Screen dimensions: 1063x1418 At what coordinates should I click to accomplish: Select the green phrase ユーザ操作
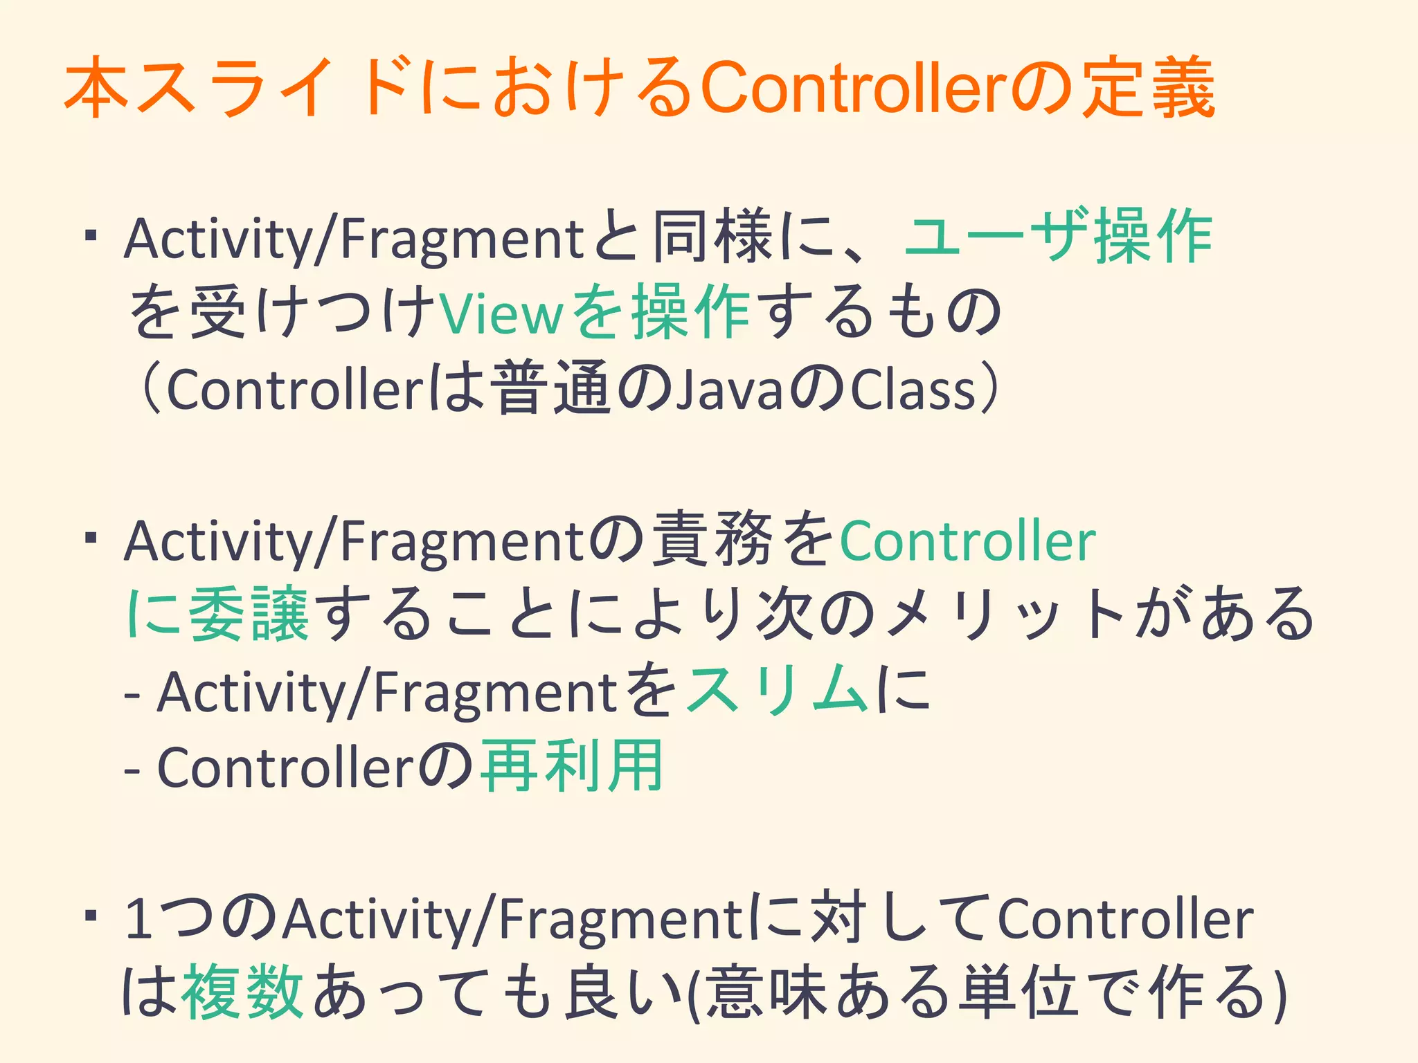click(1058, 237)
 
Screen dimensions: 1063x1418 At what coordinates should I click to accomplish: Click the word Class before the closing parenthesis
click(913, 390)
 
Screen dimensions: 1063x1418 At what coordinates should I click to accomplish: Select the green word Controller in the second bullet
click(967, 541)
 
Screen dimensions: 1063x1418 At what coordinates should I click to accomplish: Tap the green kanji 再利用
click(572, 766)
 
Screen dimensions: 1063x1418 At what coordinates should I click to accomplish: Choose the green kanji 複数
click(242, 992)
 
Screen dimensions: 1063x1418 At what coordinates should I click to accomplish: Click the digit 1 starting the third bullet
click(139, 919)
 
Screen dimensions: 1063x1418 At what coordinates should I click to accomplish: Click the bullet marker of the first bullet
click(89, 237)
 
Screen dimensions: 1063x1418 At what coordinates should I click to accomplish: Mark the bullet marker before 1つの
click(89, 916)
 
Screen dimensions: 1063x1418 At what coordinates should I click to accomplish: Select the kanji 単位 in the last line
click(1018, 992)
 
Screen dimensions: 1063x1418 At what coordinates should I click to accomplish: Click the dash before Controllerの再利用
click(133, 769)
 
